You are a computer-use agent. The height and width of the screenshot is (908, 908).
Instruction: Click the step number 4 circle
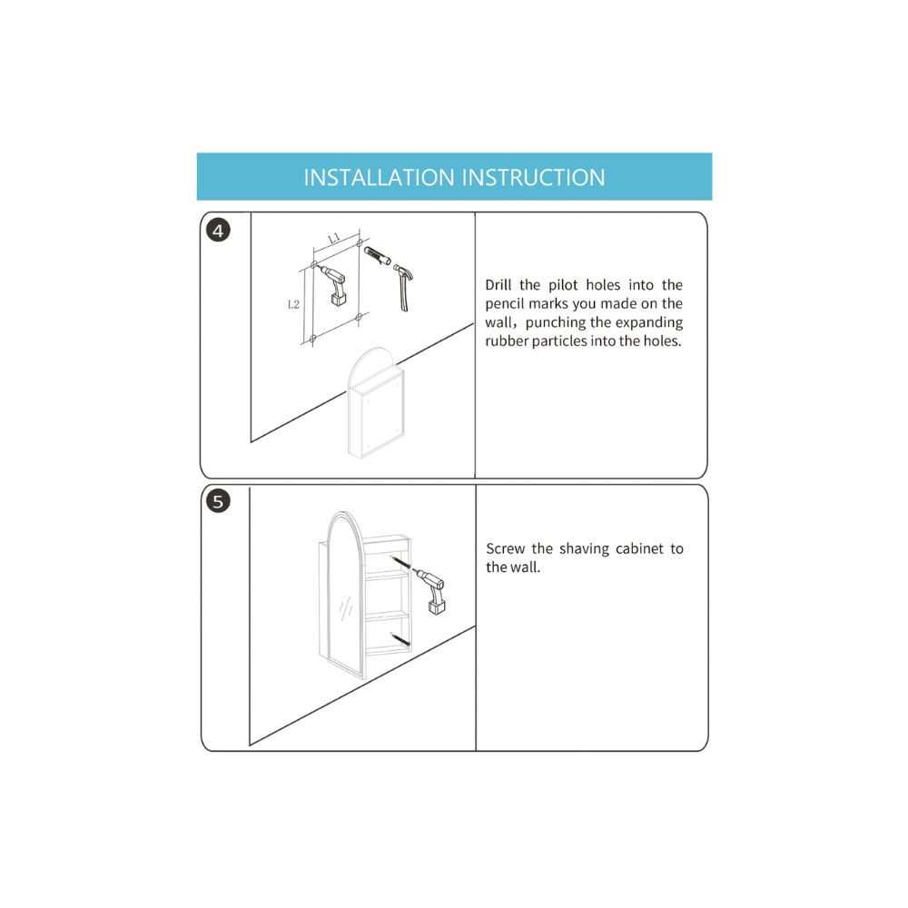(x=218, y=231)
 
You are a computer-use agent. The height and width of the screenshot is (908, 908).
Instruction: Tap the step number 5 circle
(x=218, y=501)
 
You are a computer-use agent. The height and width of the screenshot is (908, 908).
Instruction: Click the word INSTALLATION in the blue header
(x=380, y=178)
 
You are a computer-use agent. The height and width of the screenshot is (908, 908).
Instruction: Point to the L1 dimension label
(x=333, y=238)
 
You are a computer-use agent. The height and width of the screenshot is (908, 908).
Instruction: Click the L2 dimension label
(x=293, y=304)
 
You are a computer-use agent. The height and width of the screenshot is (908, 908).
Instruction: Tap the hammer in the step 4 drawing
(x=403, y=287)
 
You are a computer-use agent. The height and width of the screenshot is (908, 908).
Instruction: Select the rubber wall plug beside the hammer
(x=377, y=255)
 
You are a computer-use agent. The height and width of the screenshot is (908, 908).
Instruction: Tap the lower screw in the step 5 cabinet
(x=400, y=640)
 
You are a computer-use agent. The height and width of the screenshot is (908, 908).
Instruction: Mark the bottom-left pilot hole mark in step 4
(x=313, y=338)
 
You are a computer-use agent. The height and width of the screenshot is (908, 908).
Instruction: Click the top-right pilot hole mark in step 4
(x=360, y=243)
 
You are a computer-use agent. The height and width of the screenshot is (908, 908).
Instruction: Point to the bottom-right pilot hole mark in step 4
(x=359, y=317)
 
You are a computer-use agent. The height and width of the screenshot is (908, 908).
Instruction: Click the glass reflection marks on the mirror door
(x=346, y=608)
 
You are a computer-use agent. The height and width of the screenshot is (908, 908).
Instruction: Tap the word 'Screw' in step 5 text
(x=506, y=548)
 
